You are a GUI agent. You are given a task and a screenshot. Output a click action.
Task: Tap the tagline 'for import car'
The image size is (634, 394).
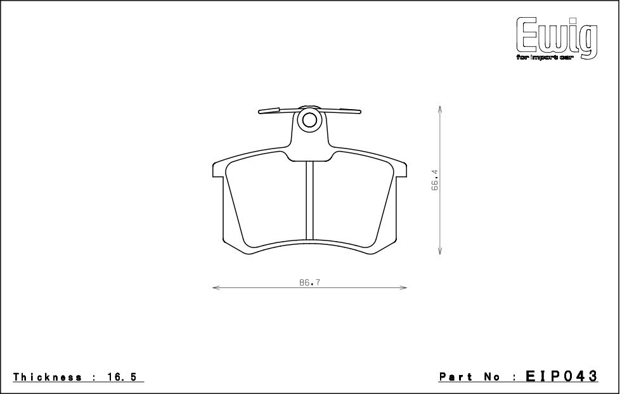click(x=545, y=58)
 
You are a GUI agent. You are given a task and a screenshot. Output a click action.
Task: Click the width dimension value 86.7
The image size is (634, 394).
click(x=310, y=282)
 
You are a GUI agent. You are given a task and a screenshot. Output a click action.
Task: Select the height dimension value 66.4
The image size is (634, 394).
click(x=435, y=180)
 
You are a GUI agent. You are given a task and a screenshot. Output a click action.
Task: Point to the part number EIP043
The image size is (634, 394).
click(x=561, y=376)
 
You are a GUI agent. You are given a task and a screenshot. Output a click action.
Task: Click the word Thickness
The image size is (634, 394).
click(x=48, y=378)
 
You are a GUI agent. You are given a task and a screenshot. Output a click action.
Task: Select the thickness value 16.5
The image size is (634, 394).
click(x=122, y=378)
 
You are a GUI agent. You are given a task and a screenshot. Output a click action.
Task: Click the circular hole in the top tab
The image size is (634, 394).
click(x=309, y=120)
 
